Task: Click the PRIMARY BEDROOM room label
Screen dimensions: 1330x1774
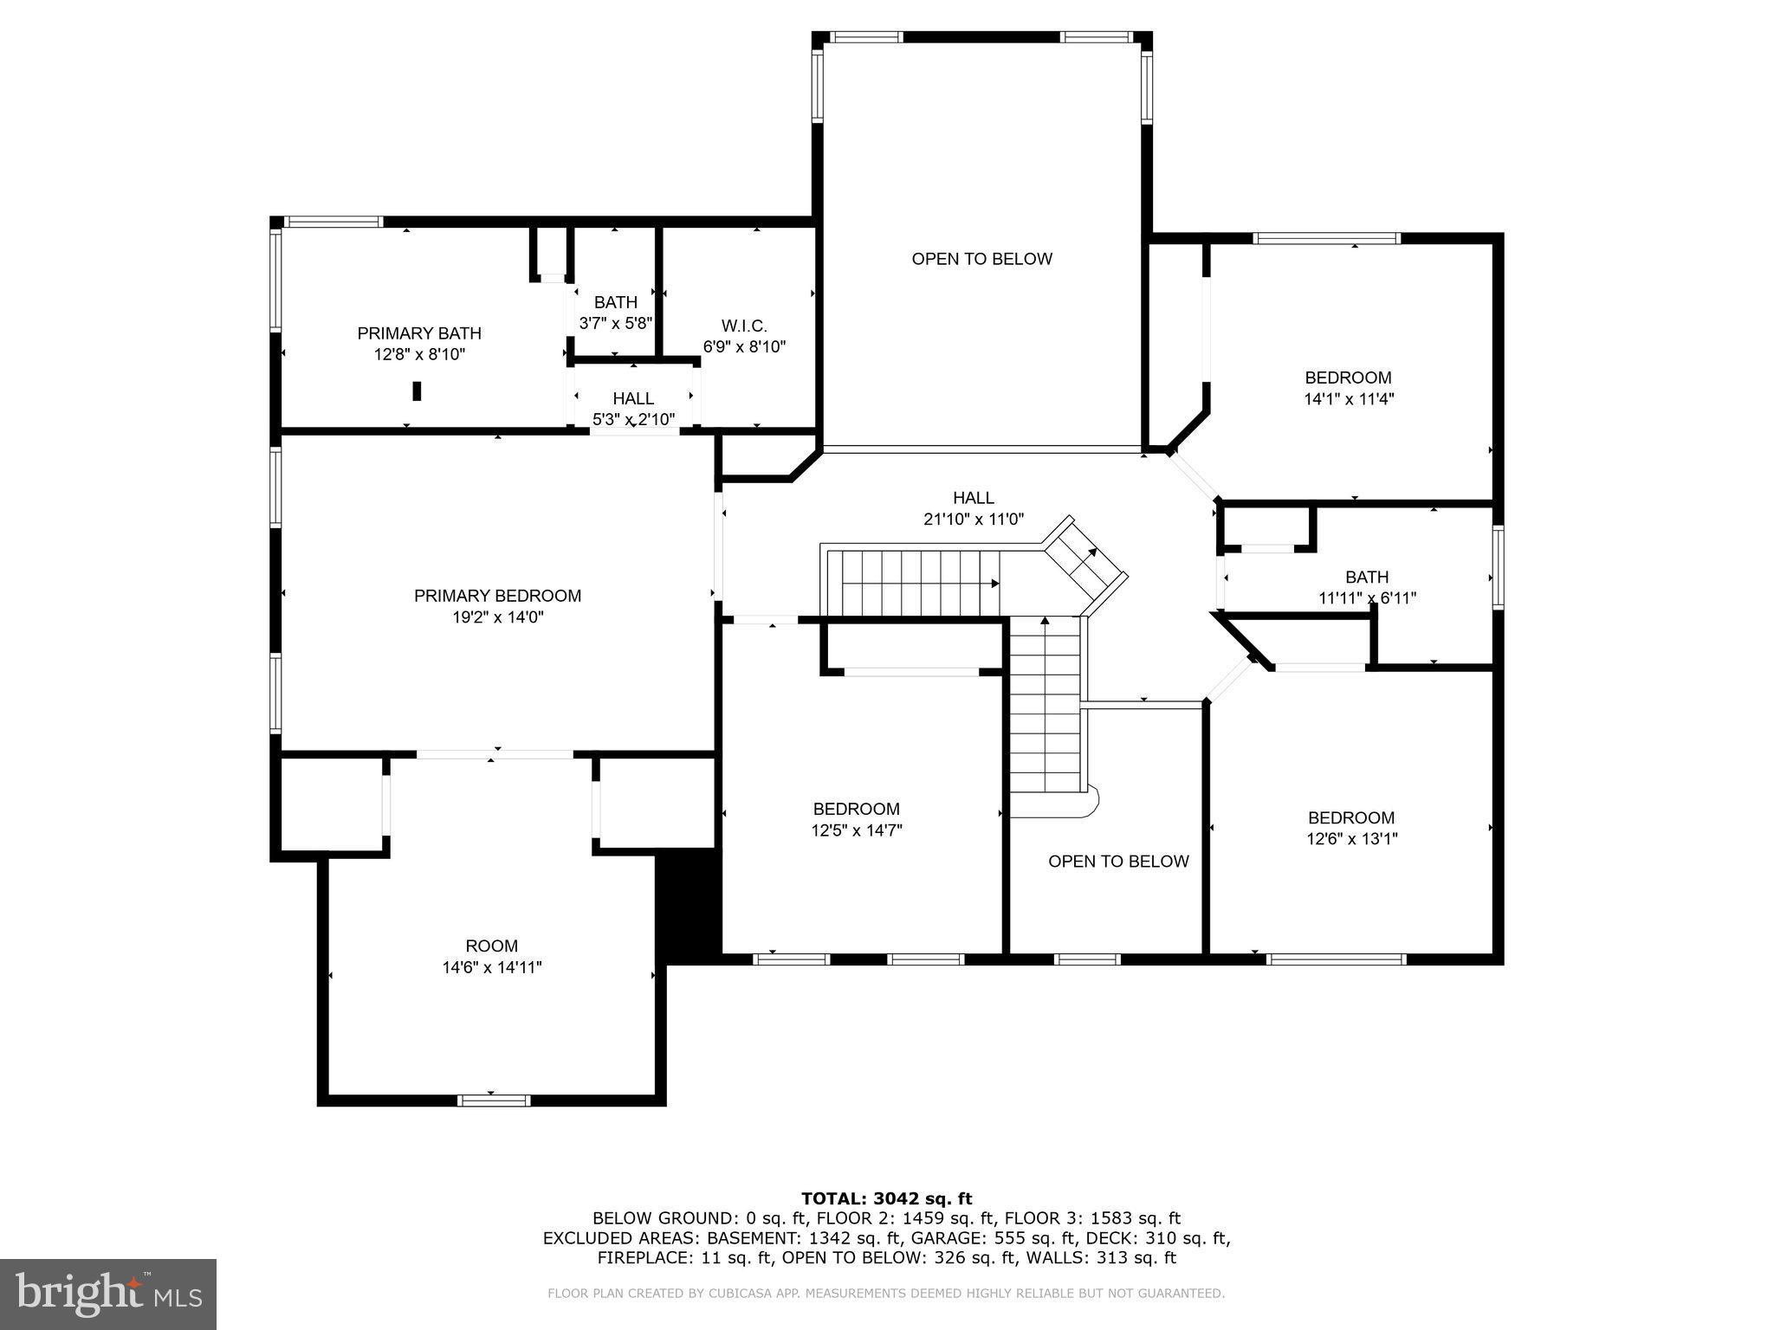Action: [497, 596]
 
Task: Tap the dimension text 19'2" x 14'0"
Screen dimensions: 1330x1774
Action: [497, 617]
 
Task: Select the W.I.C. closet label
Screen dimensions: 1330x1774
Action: [744, 326]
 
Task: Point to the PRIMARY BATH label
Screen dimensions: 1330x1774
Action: [419, 333]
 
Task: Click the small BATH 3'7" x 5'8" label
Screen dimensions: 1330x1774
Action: [615, 302]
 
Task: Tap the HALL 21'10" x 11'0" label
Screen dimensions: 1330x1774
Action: [974, 498]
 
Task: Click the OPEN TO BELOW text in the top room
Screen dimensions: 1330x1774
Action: [981, 259]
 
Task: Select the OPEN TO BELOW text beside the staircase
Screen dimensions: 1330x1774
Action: [1118, 862]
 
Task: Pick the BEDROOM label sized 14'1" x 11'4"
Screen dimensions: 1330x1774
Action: [1348, 378]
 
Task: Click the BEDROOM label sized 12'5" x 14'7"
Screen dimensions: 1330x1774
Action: [856, 809]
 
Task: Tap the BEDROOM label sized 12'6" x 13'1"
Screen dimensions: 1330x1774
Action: [1350, 817]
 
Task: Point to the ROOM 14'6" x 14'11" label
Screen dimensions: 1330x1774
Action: [491, 946]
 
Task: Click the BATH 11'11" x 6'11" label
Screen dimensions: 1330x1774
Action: [1366, 577]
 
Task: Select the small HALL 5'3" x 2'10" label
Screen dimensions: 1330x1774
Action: [633, 398]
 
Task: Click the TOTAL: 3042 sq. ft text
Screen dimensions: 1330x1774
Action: [886, 1199]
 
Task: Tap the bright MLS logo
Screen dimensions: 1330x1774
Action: [108, 1294]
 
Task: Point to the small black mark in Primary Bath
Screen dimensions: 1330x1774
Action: [417, 391]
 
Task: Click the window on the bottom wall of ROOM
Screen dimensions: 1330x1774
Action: [493, 1101]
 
